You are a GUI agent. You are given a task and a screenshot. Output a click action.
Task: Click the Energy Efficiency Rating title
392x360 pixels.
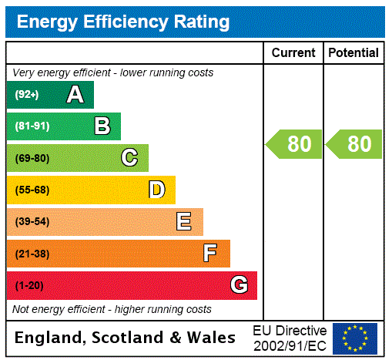[122, 22]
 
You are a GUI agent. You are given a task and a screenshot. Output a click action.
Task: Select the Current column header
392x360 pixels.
[293, 52]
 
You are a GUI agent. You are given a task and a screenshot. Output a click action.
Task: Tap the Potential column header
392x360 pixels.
[353, 52]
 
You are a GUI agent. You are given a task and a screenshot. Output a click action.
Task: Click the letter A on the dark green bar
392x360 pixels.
[75, 95]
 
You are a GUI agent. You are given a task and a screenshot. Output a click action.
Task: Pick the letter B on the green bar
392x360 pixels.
[102, 126]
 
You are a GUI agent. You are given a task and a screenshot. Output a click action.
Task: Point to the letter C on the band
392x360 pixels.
[129, 158]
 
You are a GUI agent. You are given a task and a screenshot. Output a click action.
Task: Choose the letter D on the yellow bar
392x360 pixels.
[156, 190]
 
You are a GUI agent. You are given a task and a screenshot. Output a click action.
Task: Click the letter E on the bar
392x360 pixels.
[184, 222]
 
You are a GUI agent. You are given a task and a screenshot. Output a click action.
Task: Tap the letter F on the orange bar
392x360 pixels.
[210, 253]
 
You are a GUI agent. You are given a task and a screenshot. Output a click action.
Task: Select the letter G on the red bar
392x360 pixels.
[239, 285]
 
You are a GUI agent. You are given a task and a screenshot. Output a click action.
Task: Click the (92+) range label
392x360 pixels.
[27, 95]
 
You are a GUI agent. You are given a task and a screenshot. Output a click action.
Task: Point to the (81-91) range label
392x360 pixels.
[32, 126]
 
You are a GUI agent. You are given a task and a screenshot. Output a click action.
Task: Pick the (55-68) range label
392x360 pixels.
[32, 190]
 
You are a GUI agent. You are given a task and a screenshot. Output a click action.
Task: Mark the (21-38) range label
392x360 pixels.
[32, 254]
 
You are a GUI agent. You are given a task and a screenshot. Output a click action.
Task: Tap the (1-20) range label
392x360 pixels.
[29, 285]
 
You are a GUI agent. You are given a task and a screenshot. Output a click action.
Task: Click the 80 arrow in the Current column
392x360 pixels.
[294, 144]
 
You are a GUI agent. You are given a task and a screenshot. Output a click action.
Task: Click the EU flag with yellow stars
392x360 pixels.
[355, 338]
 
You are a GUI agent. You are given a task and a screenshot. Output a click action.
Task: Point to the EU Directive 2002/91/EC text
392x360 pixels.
[290, 337]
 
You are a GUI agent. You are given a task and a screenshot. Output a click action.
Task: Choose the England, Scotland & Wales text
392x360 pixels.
[126, 338]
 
